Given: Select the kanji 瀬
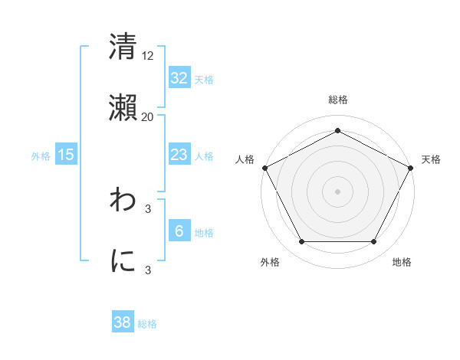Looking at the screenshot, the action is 123,109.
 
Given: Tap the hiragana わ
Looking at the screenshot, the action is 123,201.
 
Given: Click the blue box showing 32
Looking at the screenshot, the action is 179,78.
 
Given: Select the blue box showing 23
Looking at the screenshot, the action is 179,155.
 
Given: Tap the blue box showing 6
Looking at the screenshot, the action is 179,231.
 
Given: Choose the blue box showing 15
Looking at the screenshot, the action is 66,155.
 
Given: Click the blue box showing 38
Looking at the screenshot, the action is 123,322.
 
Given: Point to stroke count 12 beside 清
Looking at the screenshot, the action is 148,55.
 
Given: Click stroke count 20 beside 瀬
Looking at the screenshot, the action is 147,116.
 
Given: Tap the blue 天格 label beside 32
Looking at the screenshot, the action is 204,80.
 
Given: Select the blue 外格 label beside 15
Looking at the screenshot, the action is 41,156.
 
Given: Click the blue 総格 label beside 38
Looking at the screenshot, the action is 147,324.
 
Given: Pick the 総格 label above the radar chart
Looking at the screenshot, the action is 337,100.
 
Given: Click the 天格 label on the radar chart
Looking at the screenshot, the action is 431,159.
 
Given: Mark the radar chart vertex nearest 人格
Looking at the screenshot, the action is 264,167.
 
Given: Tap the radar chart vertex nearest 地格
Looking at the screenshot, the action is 373,242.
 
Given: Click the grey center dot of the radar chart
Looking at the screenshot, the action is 337,191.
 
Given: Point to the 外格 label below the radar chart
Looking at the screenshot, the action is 270,262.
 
